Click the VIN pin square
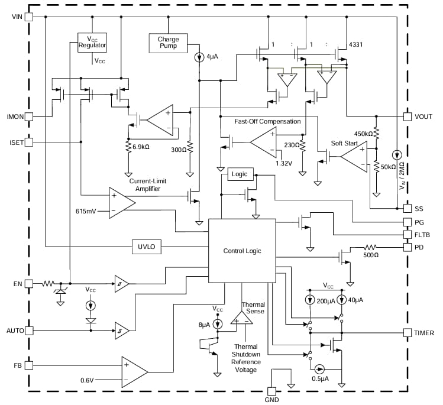point(28,16)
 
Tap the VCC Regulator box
point(92,42)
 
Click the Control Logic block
point(242,251)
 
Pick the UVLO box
point(146,247)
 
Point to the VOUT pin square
point(407,116)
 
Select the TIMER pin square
point(407,332)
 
